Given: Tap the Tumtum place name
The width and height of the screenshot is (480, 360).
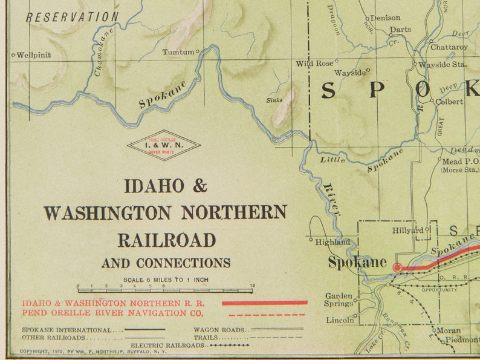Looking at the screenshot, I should [178, 52].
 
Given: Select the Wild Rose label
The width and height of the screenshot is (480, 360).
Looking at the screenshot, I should [314, 63].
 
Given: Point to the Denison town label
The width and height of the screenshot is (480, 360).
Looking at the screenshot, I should [385, 18].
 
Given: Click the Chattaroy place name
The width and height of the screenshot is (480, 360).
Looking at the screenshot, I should [449, 47].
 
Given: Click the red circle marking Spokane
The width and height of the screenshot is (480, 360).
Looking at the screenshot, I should [397, 267].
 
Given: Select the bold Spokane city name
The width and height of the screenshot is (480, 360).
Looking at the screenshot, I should [357, 263].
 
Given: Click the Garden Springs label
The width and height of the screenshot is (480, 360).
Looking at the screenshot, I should [339, 299].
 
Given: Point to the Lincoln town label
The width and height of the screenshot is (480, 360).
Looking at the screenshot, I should [339, 320].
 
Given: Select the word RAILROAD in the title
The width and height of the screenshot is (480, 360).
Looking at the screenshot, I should [166, 240].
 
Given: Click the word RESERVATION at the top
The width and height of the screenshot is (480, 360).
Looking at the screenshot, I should [72, 17].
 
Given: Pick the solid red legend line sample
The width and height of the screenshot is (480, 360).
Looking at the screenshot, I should [265, 303].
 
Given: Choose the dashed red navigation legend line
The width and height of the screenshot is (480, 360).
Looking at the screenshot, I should [265, 314].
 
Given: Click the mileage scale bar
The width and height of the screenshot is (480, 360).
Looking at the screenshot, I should [165, 290].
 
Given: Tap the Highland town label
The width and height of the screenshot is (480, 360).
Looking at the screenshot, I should [332, 242].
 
